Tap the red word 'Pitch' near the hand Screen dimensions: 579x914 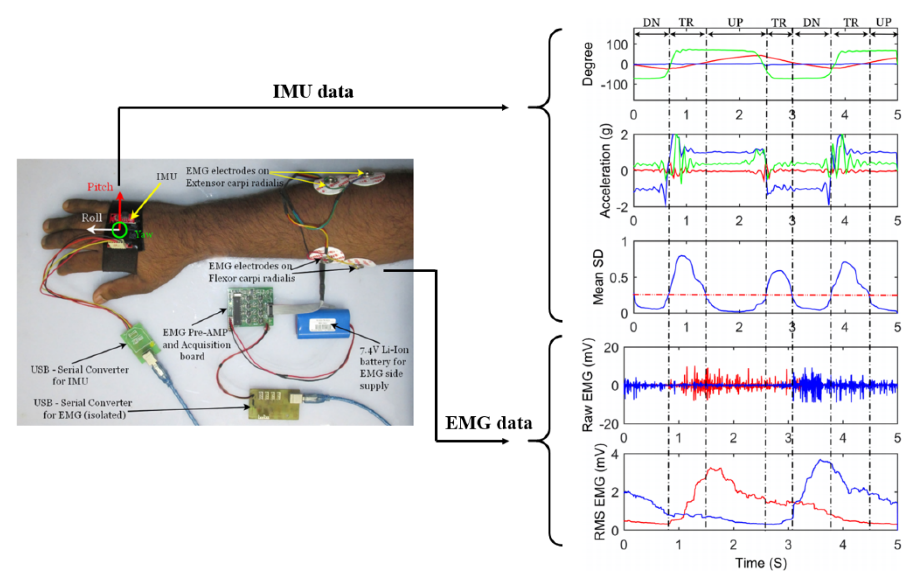(x=100, y=187)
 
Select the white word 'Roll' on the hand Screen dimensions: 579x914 (x=92, y=218)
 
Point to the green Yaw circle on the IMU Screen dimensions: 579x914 (x=120, y=230)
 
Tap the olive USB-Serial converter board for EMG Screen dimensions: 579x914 (x=274, y=404)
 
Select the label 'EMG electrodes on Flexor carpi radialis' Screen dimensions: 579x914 (x=252, y=272)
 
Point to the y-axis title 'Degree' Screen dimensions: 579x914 (x=588, y=65)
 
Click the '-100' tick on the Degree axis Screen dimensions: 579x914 (x=614, y=85)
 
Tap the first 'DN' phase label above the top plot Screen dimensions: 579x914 (x=651, y=22)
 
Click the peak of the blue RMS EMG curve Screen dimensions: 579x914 (x=821, y=460)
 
